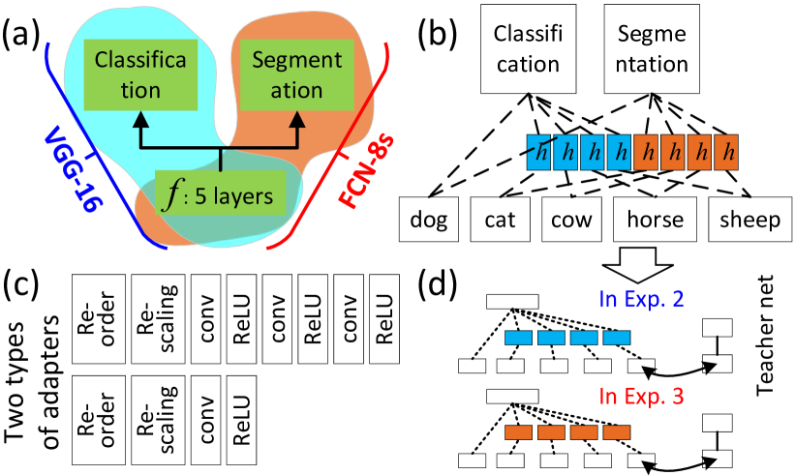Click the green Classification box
click(x=140, y=75)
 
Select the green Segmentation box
click(x=296, y=75)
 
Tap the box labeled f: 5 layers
click(x=221, y=195)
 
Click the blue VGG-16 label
click(x=74, y=170)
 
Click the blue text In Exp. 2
click(x=641, y=299)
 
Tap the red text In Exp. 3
click(x=641, y=396)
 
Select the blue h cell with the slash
click(x=540, y=152)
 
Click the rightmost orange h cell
click(x=725, y=152)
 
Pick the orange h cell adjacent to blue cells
click(x=647, y=152)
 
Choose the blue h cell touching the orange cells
click(x=620, y=152)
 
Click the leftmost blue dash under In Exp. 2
click(x=518, y=338)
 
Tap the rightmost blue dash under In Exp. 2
click(x=617, y=338)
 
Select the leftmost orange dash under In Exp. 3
click(x=518, y=432)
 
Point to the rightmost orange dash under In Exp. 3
click(x=617, y=432)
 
